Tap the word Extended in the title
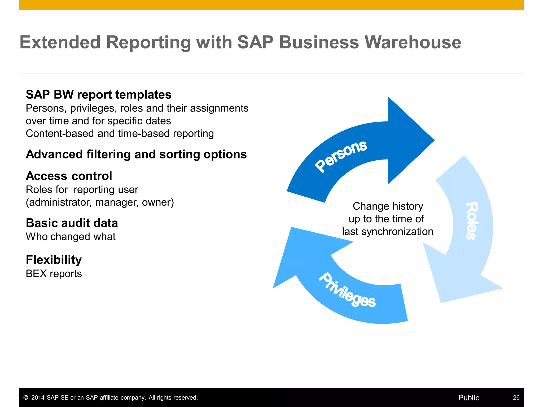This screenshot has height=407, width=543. point(60,42)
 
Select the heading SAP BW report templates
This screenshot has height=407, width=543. point(98,95)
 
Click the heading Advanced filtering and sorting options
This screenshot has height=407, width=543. point(136,154)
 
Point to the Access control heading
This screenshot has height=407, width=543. point(69,176)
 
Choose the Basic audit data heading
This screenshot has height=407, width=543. point(72,223)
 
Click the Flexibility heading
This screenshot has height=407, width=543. point(54,260)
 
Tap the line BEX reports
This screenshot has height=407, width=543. point(54,274)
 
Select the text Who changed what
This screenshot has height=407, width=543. point(71,237)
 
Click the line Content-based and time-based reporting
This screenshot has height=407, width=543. point(120,134)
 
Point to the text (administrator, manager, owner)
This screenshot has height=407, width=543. point(100,202)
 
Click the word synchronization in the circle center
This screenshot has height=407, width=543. point(397,232)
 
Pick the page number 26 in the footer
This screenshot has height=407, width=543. point(516,397)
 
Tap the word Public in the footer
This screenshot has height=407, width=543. point(469,398)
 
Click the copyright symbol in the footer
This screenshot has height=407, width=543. point(26,398)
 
